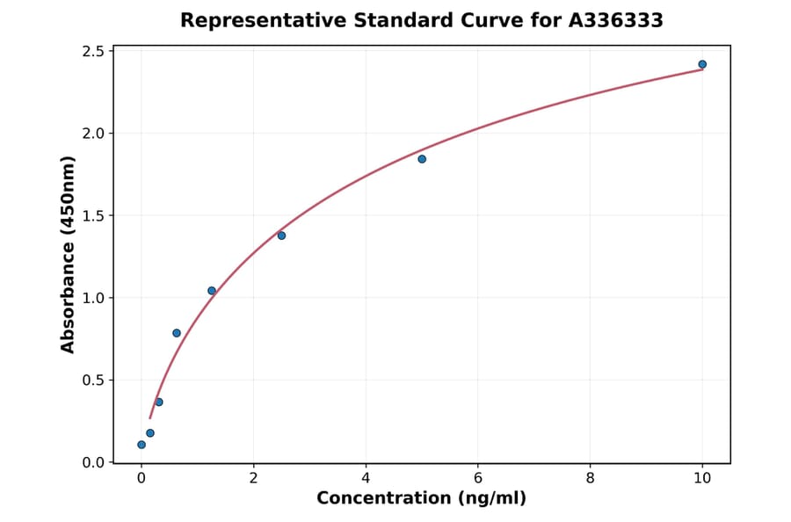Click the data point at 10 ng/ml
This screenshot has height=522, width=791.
[702, 64]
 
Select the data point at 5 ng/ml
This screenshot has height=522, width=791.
[422, 159]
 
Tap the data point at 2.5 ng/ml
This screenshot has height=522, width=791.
[281, 236]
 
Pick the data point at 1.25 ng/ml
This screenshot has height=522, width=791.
[212, 291]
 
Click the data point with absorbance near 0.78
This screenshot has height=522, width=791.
[177, 333]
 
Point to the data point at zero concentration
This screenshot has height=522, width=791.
[142, 445]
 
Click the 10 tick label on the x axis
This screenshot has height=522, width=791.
[702, 478]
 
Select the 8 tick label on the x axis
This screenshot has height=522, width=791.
[590, 478]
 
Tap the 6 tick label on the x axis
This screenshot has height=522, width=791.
[478, 478]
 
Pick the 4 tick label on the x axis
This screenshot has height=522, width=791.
[366, 478]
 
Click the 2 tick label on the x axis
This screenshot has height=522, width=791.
[253, 478]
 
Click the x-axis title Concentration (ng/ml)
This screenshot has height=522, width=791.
[421, 499]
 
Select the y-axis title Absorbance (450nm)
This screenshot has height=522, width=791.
[69, 255]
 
